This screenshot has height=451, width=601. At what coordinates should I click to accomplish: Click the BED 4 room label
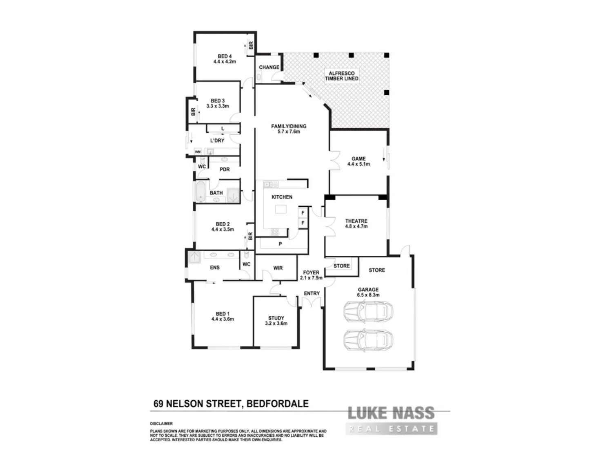225,59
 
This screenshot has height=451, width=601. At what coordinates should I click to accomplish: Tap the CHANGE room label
269,67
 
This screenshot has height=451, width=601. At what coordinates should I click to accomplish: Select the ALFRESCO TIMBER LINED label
342,76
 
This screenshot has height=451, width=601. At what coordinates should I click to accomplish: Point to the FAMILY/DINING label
289,129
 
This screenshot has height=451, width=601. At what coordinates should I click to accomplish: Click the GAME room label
358,161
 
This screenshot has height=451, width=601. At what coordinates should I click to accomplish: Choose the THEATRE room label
356,223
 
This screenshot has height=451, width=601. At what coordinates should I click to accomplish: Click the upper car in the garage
368,311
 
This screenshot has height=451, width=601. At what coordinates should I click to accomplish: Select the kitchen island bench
281,209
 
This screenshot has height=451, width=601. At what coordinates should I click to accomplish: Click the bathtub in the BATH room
200,192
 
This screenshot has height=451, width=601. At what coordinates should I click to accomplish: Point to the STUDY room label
276,321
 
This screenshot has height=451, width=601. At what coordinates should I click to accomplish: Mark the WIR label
278,268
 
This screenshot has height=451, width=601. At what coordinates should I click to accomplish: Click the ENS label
215,268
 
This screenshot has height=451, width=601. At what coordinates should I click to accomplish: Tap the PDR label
225,169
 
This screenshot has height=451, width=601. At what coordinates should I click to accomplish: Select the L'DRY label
217,141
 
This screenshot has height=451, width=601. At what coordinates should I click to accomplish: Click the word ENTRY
312,293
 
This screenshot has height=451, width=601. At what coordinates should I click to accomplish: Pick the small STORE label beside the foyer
342,266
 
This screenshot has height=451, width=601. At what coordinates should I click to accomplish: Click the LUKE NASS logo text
391,413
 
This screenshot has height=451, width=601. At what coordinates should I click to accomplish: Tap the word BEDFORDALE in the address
278,404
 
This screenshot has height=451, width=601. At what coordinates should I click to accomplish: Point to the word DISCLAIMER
161,424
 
